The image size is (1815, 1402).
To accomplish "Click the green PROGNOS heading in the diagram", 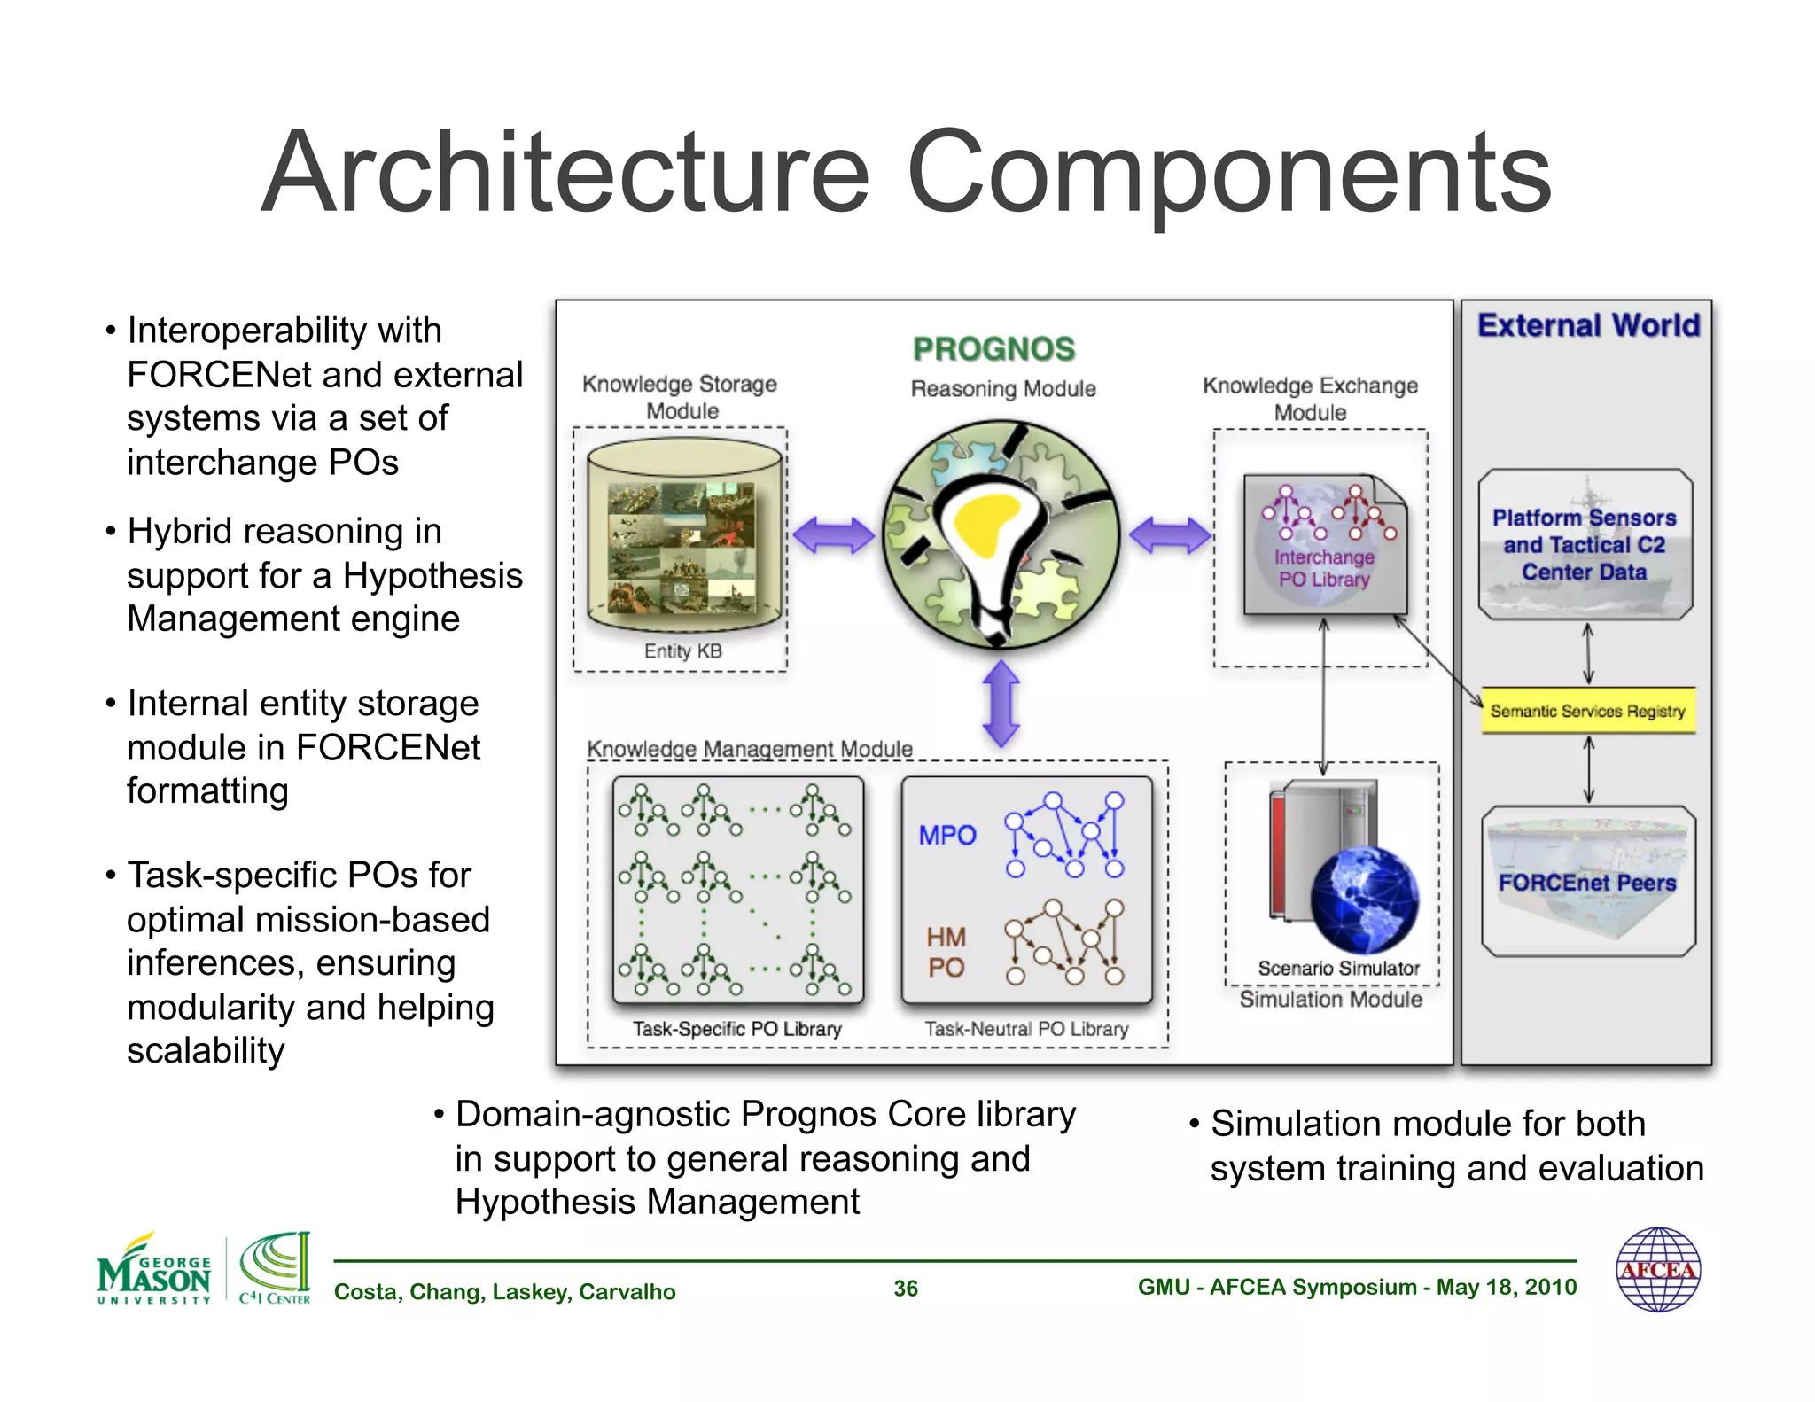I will tap(993, 349).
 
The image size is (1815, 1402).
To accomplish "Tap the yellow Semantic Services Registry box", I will tap(1587, 711).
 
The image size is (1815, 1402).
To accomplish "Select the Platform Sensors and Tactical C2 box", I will tap(1585, 544).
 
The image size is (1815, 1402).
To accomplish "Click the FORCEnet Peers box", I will tap(1587, 882).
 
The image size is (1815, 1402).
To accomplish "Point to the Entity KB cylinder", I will tap(684, 536).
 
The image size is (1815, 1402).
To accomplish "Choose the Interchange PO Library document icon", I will tap(1324, 545).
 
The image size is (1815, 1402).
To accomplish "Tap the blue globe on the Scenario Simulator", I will tap(1364, 900).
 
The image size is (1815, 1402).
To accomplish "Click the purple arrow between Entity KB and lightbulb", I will tap(833, 535).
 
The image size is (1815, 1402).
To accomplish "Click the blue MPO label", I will tap(946, 835).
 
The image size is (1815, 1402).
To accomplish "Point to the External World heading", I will tap(1588, 325).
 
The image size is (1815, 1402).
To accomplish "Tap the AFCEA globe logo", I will tap(1657, 1269).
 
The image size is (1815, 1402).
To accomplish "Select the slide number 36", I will tap(905, 1289).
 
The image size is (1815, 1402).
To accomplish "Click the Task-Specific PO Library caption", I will tap(736, 1029).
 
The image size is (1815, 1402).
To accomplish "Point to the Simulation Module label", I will tap(1330, 1000).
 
